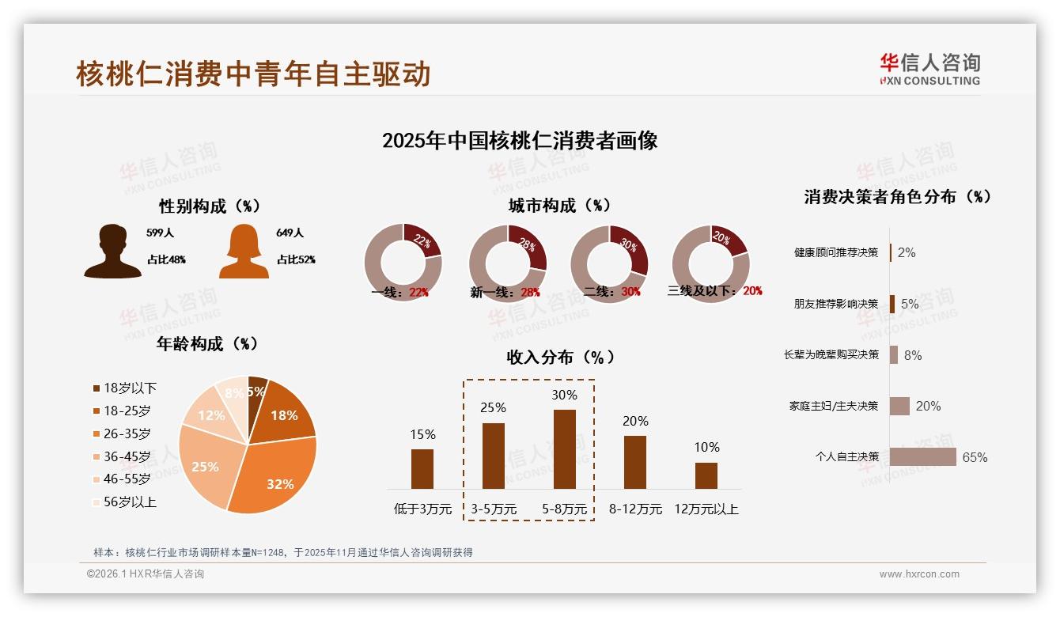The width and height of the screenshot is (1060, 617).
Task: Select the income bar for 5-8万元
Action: tap(564, 449)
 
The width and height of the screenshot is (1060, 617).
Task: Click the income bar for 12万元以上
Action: tap(706, 475)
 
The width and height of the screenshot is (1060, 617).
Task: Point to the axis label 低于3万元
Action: tap(422, 509)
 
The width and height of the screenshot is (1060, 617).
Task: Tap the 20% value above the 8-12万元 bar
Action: tap(635, 422)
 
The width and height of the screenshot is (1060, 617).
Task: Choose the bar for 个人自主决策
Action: tap(922, 457)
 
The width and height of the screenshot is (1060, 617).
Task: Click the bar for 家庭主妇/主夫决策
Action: tap(899, 406)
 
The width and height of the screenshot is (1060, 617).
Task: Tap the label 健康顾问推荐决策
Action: tap(835, 253)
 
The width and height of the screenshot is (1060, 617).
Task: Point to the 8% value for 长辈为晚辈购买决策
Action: tap(912, 356)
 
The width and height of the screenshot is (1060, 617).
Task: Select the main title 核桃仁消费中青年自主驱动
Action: tap(253, 74)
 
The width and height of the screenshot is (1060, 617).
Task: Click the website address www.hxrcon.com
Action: tap(918, 574)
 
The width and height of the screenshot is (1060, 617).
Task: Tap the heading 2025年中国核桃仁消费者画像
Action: tap(520, 142)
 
